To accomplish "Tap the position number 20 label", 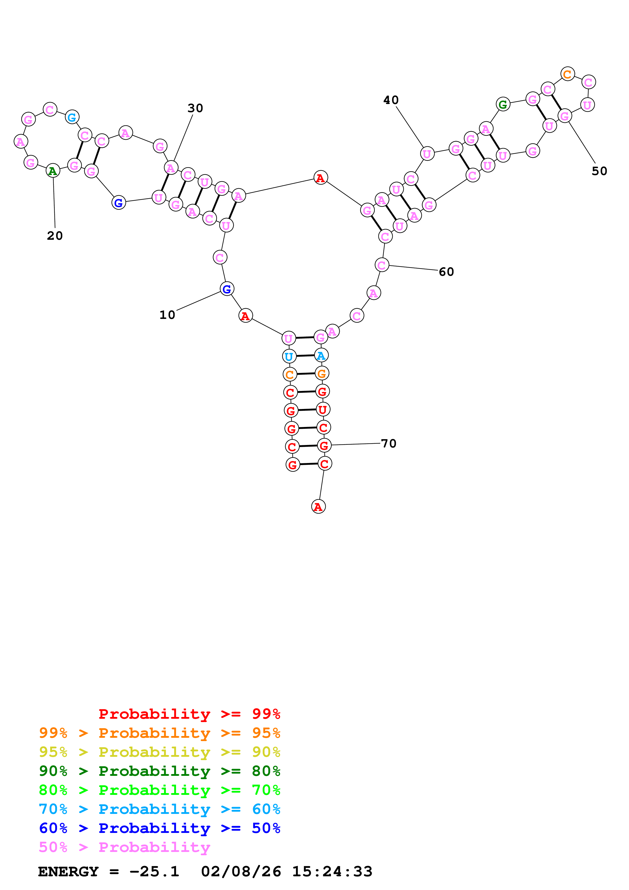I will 55,236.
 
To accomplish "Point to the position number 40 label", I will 391,100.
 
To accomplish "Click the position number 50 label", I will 599,171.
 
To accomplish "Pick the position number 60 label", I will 446,272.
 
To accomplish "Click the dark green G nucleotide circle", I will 503,104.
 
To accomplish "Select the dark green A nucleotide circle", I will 53,170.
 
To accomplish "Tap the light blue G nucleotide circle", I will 72,117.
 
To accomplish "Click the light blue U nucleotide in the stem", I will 289,356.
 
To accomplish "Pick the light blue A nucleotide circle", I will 321,355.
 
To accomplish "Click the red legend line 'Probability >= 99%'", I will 189,714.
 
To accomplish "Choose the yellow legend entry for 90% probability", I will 159,752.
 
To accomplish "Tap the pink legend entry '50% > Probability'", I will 124,847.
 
